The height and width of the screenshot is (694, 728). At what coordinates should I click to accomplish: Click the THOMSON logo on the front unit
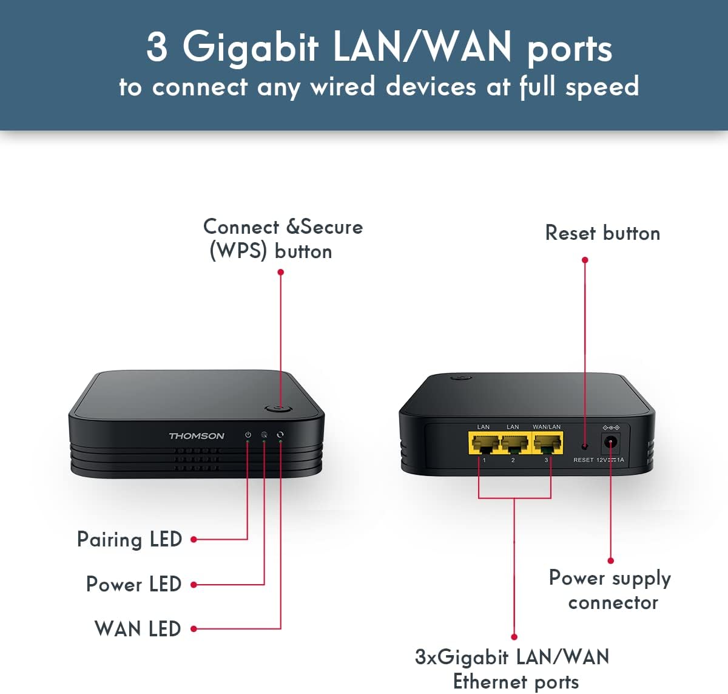pyautogui.click(x=196, y=436)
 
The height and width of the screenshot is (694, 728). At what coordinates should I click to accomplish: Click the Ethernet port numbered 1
pyautogui.click(x=484, y=444)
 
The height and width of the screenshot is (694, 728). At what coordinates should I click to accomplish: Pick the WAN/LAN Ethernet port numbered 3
pyautogui.click(x=547, y=444)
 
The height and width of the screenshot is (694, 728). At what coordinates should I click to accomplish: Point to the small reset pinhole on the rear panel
pyautogui.click(x=584, y=446)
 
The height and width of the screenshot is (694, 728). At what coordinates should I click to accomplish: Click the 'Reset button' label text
pyautogui.click(x=602, y=233)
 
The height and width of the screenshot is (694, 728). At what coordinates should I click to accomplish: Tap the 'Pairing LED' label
pyautogui.click(x=129, y=539)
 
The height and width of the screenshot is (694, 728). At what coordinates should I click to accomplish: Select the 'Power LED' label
pyautogui.click(x=133, y=584)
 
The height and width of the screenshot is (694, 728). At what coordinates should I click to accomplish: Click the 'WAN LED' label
pyautogui.click(x=138, y=628)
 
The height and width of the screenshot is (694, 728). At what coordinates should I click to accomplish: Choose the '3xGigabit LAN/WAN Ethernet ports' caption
pyautogui.click(x=513, y=668)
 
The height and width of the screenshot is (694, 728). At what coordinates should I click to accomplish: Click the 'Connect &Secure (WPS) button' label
pyautogui.click(x=282, y=239)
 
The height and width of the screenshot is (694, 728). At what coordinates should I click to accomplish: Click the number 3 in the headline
pyautogui.click(x=157, y=47)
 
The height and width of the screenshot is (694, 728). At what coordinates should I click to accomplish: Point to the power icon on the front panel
pyautogui.click(x=248, y=435)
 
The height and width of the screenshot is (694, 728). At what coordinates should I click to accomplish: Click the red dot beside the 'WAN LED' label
pyautogui.click(x=194, y=629)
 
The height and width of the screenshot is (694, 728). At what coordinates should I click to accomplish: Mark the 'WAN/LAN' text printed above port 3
pyautogui.click(x=547, y=427)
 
